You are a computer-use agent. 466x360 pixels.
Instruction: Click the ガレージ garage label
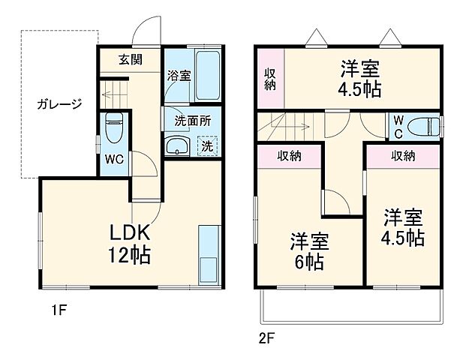[59, 104]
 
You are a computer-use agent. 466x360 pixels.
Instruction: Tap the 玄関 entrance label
[130, 60]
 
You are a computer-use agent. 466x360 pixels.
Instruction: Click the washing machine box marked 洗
[207, 145]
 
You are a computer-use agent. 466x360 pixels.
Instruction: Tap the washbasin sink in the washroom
[178, 146]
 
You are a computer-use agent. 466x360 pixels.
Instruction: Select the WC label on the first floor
[114, 160]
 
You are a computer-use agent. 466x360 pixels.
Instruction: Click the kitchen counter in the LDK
[208, 253]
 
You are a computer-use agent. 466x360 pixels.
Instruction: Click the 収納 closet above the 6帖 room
[291, 156]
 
